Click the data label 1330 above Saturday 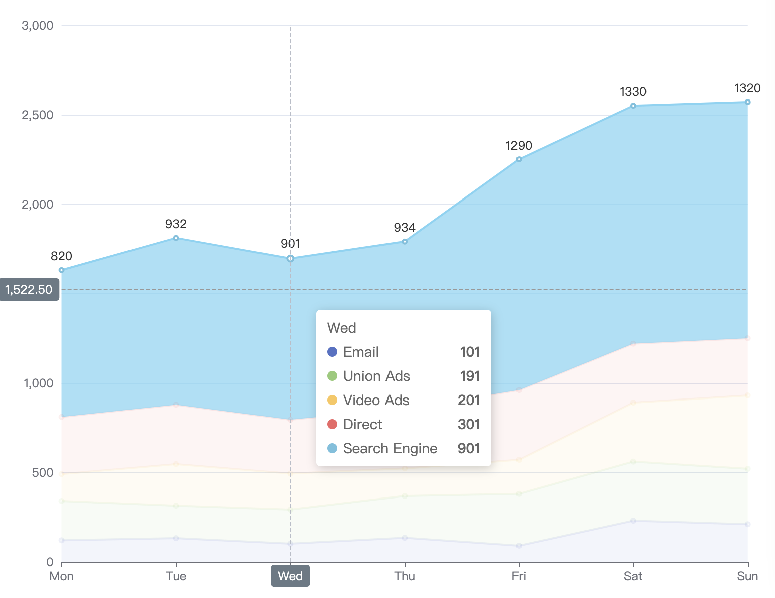tap(633, 92)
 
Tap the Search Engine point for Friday tap(519, 159)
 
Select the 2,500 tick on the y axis tap(38, 115)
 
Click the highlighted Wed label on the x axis tap(290, 576)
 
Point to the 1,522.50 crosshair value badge tap(29, 290)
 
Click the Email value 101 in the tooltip tap(470, 352)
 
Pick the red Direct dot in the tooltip tap(332, 424)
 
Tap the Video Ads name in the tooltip tap(376, 400)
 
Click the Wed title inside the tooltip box tap(341, 328)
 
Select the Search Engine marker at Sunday tap(747, 103)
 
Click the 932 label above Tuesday tap(176, 224)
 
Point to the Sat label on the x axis tap(633, 576)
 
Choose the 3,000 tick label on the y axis tap(38, 26)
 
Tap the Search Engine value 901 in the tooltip tap(469, 448)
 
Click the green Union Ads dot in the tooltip tap(332, 376)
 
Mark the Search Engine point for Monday tap(62, 270)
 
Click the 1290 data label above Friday tap(519, 146)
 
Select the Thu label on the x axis tap(405, 576)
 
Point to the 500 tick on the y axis tap(43, 473)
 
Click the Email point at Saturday tap(633, 521)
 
